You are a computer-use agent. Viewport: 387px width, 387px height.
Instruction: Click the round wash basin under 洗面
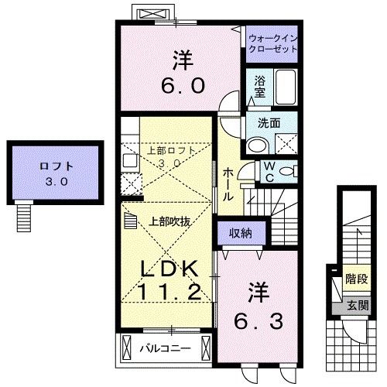tap(256, 144)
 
